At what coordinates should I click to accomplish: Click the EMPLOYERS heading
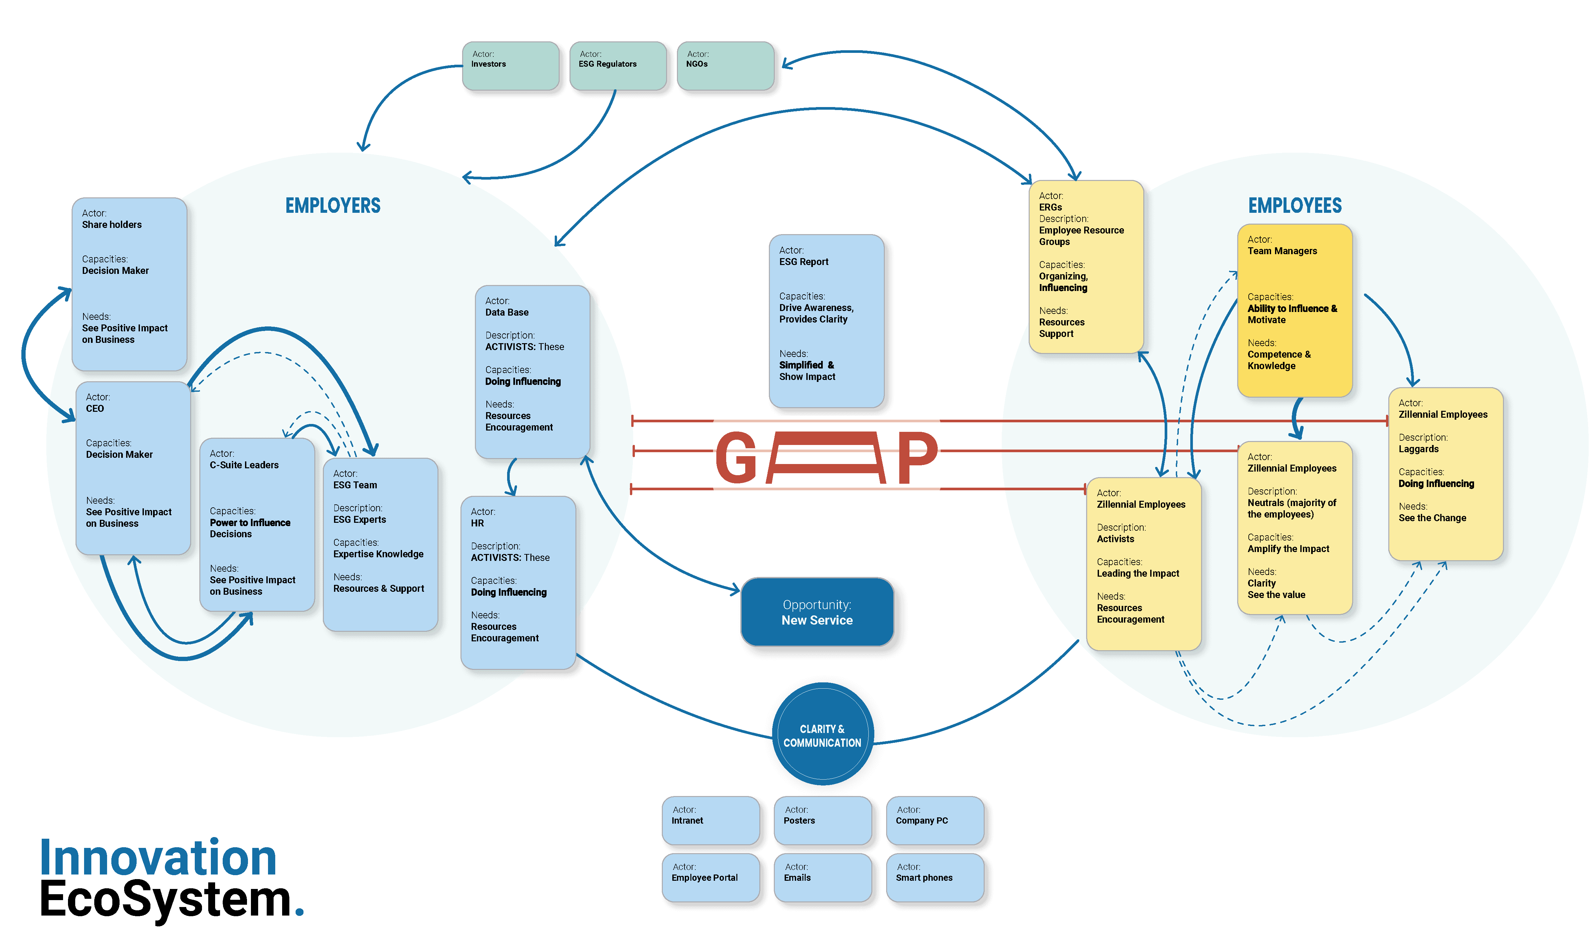click(333, 206)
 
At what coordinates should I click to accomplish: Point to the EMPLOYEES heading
click(1294, 206)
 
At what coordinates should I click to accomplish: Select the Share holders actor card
click(129, 283)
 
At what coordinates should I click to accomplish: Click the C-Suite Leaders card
click(257, 524)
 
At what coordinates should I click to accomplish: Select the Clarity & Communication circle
click(822, 735)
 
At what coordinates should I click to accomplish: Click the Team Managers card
click(1294, 310)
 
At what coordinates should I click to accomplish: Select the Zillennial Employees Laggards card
click(1445, 474)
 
